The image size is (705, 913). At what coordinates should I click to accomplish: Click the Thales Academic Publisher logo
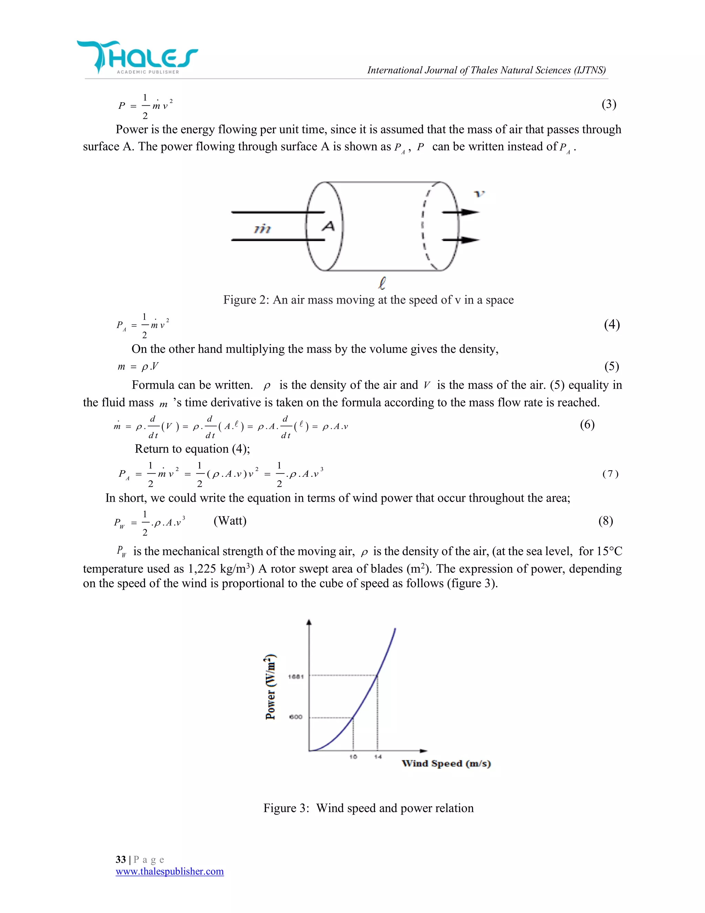pyautogui.click(x=137, y=58)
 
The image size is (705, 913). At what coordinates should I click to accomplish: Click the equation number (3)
pyautogui.click(x=609, y=104)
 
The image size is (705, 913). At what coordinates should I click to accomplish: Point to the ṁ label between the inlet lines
pyautogui.click(x=262, y=229)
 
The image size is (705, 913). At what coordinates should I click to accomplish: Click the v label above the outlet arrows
pyautogui.click(x=479, y=194)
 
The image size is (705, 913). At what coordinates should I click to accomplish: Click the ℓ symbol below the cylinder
pyautogui.click(x=382, y=284)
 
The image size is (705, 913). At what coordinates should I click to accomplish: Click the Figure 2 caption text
pyautogui.click(x=368, y=300)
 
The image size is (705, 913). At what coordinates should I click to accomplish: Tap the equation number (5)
pyautogui.click(x=611, y=367)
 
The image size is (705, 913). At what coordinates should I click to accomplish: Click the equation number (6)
pyautogui.click(x=587, y=425)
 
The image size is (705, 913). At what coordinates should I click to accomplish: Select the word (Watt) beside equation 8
pyautogui.click(x=230, y=521)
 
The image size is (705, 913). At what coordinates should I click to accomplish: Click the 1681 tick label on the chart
pyautogui.click(x=296, y=677)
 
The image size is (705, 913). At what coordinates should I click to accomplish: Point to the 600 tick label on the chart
pyautogui.click(x=296, y=717)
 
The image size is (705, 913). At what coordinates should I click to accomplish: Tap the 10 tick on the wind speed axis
pyautogui.click(x=353, y=757)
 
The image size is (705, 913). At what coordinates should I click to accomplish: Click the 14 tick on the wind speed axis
pyautogui.click(x=378, y=757)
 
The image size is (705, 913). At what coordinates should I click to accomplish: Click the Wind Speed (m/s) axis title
pyautogui.click(x=446, y=764)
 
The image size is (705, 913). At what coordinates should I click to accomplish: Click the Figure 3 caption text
pyautogui.click(x=368, y=808)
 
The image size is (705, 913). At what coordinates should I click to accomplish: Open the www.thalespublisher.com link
pyautogui.click(x=170, y=871)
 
